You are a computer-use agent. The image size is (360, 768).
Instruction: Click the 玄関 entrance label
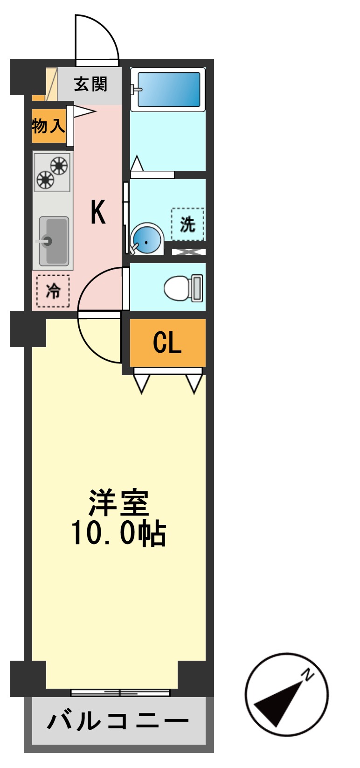tap(90, 84)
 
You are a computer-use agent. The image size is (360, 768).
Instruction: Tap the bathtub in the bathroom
tap(168, 90)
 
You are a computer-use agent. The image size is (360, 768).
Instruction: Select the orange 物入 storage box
tap(48, 126)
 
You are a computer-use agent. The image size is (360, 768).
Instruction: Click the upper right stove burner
tap(59, 165)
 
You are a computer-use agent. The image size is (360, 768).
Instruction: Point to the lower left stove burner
tap(45, 179)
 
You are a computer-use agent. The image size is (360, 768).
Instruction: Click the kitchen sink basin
tap(55, 241)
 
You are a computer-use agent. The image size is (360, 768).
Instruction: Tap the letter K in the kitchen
tap(98, 212)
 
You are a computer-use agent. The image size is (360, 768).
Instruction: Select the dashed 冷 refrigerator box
tap(53, 291)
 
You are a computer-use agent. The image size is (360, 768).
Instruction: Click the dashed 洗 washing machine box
tap(187, 224)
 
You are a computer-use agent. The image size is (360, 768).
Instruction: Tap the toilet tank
tap(197, 288)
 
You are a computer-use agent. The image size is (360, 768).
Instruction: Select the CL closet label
tap(167, 343)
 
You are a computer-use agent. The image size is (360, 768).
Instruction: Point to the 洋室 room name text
tap(119, 503)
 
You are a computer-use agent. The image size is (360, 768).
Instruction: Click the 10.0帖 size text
tap(118, 533)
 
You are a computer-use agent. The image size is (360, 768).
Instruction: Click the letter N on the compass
tap(308, 674)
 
